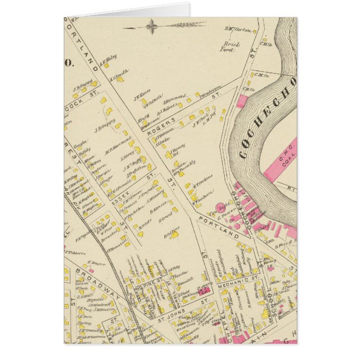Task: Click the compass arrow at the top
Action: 162,25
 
